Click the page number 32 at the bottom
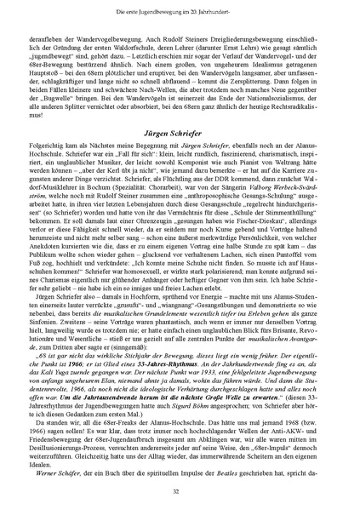point(180,491)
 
